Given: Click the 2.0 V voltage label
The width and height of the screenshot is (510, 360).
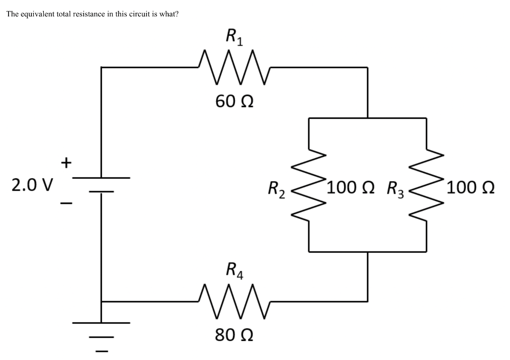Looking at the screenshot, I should [x=32, y=185].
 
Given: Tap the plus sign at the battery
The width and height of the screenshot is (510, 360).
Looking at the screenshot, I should [x=66, y=162].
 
